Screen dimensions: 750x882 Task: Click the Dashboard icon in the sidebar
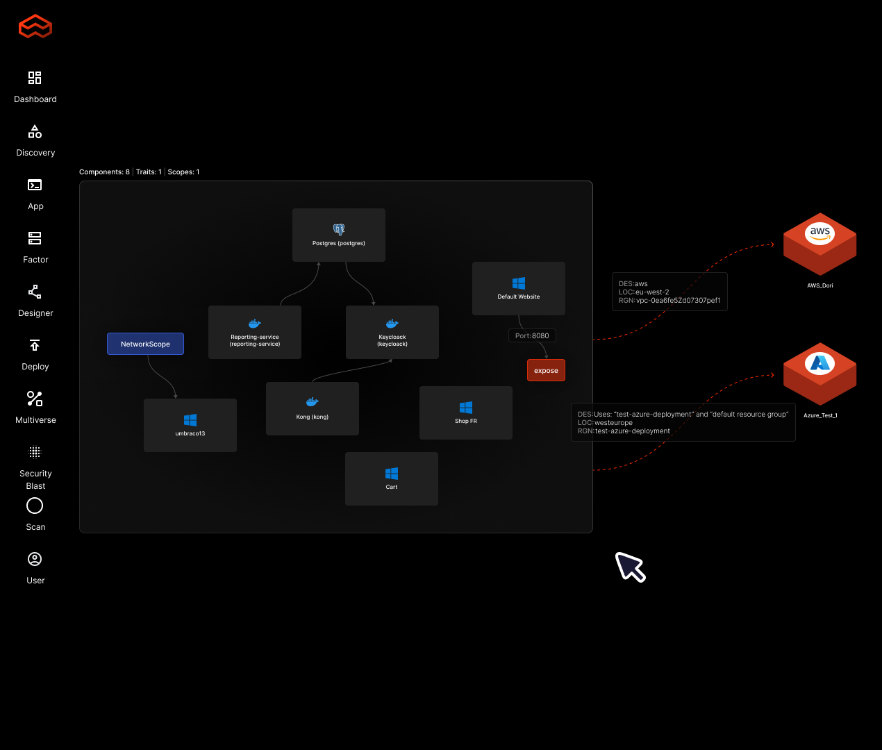click(35, 78)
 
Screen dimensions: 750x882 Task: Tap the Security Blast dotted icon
click(35, 453)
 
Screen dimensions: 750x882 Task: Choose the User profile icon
click(35, 559)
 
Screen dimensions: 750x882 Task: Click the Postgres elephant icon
click(339, 229)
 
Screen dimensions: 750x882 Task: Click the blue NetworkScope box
click(145, 344)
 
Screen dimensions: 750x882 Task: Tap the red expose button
click(546, 370)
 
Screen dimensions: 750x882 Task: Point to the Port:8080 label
click(532, 335)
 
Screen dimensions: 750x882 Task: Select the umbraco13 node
click(190, 425)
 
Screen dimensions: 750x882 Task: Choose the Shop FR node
click(466, 412)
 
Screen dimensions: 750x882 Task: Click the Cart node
click(392, 478)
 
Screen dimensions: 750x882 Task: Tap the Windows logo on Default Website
click(519, 283)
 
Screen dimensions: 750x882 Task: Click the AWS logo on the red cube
click(820, 233)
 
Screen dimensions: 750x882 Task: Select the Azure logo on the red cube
click(820, 363)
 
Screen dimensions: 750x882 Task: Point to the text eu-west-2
click(652, 292)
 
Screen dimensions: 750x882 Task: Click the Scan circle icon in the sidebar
click(35, 506)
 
